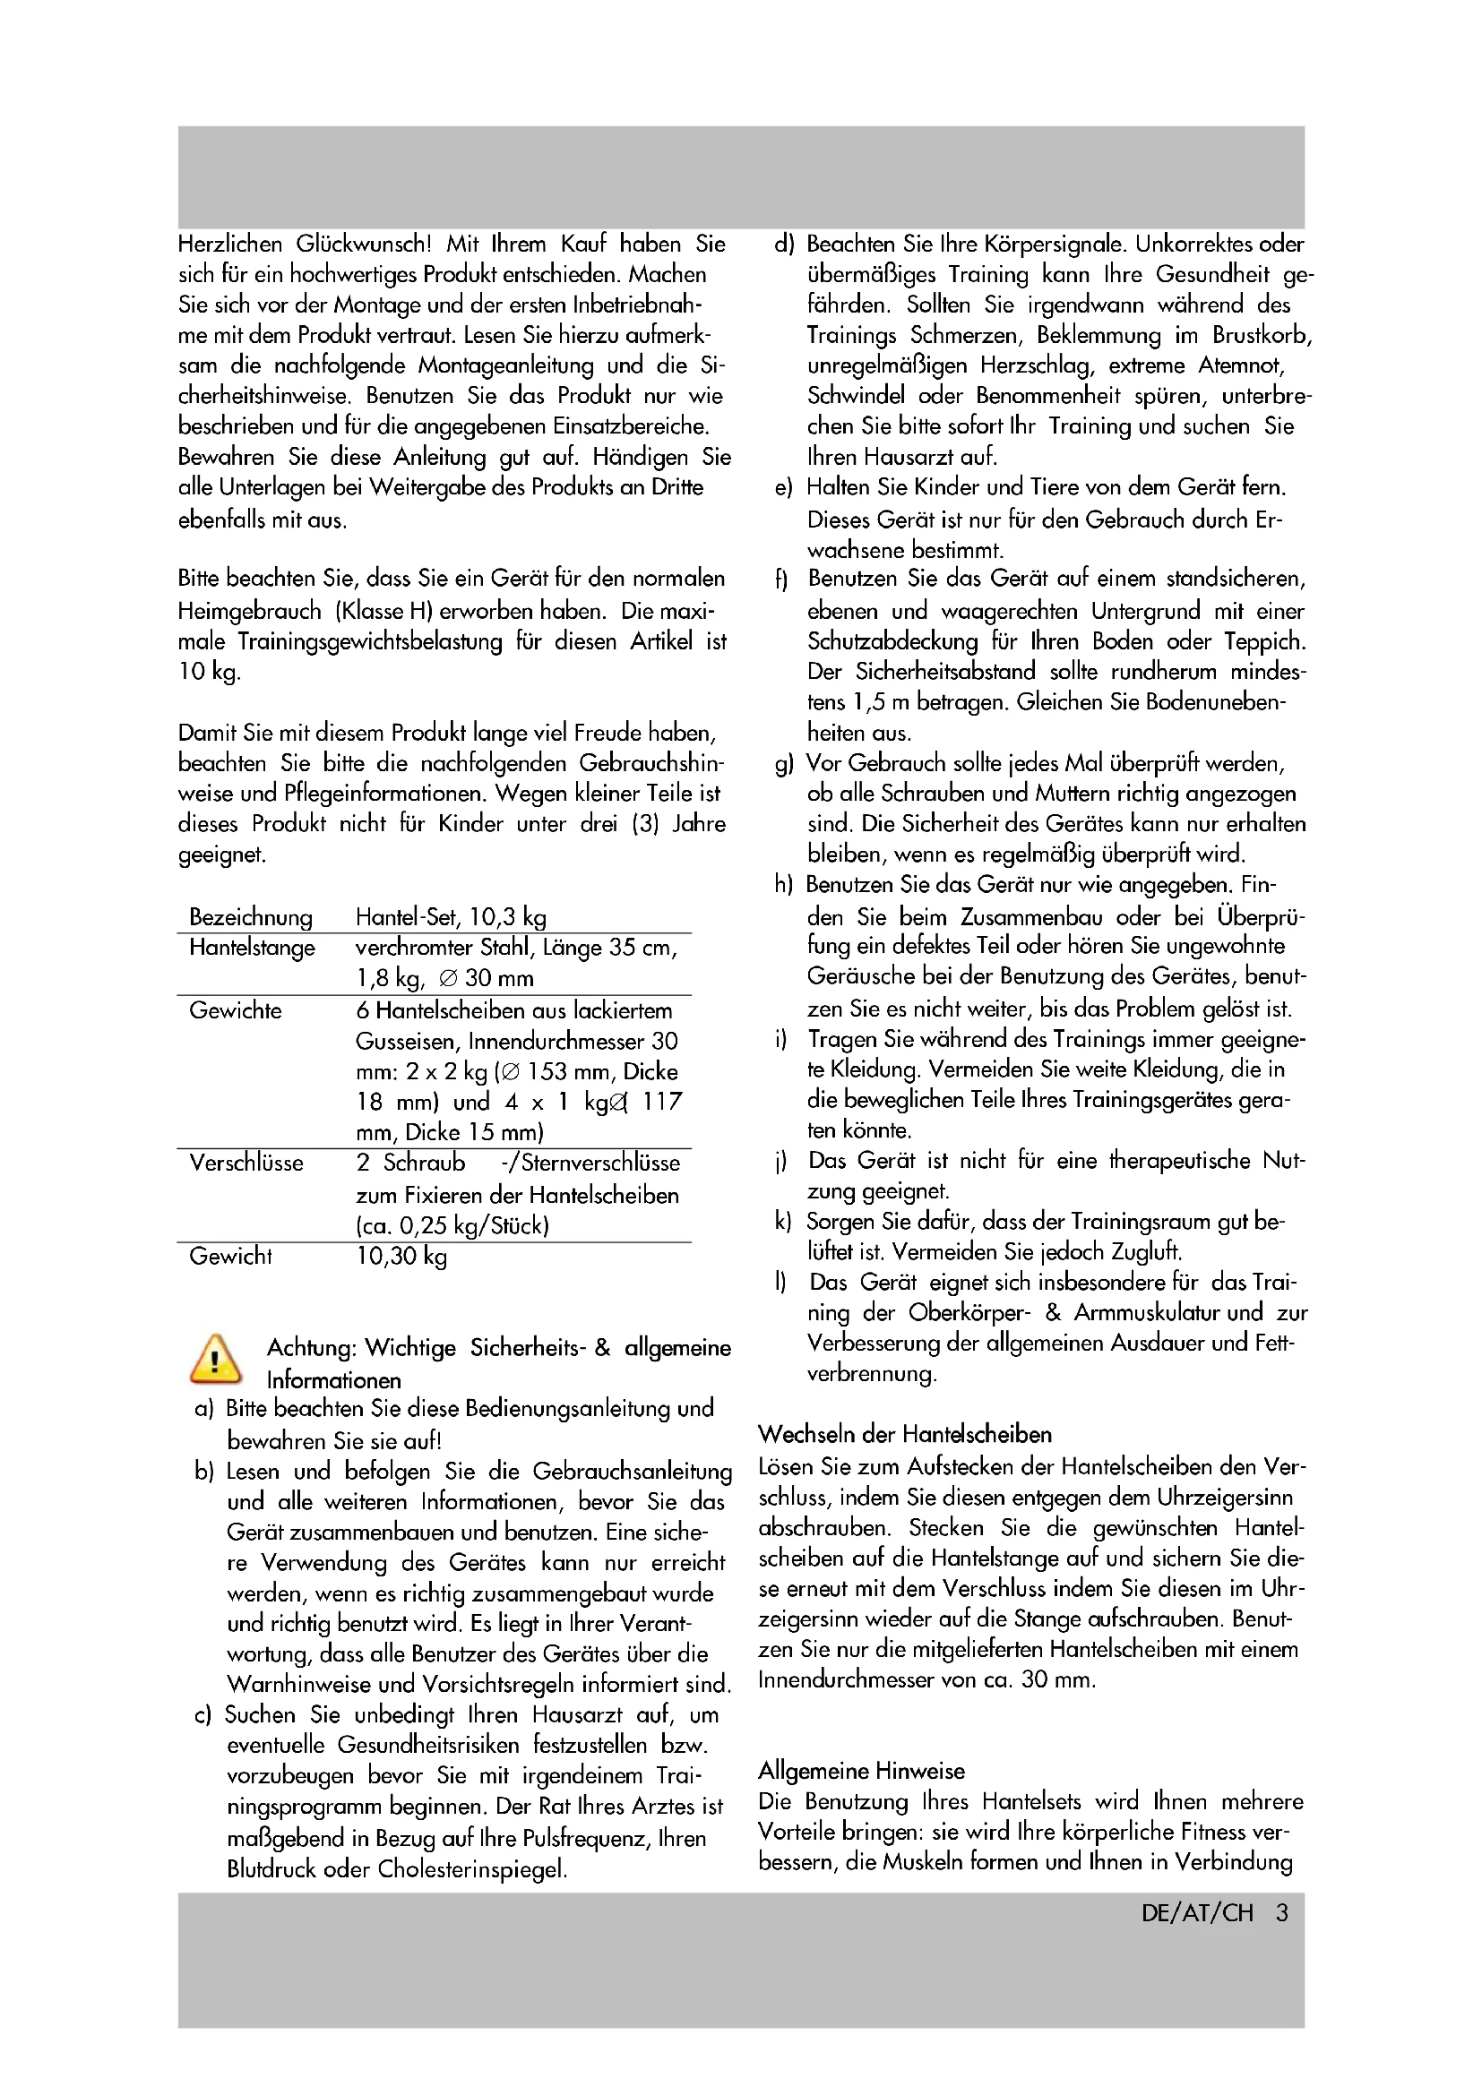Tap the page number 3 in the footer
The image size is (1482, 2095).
[1281, 1912]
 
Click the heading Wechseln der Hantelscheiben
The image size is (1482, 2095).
[904, 1433]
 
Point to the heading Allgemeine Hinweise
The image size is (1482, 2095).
[861, 1770]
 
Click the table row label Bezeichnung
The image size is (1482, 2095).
[250, 917]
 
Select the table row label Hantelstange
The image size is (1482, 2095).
[252, 947]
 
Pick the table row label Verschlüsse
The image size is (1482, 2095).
[246, 1163]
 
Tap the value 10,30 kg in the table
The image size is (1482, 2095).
[401, 1256]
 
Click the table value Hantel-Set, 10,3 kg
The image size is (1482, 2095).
[451, 917]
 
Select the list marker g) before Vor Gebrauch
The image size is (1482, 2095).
[784, 764]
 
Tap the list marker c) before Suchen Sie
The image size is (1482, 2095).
[202, 1714]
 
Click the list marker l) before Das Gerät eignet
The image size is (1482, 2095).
[781, 1282]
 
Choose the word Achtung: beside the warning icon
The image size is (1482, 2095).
[311, 1347]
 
